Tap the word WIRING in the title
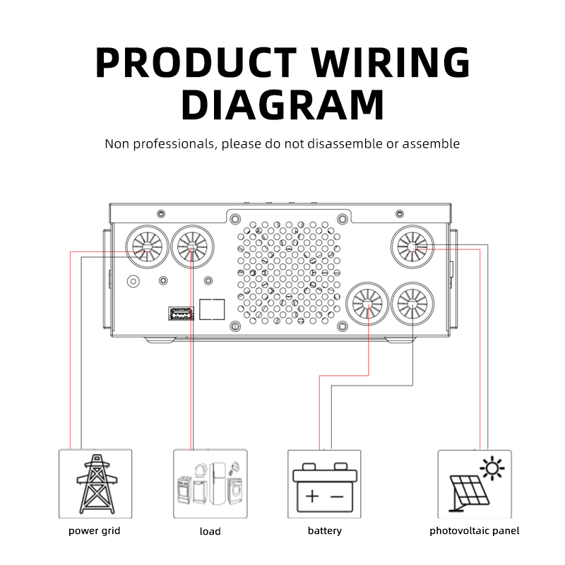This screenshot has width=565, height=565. coord(392,63)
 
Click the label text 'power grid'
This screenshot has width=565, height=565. coord(94,530)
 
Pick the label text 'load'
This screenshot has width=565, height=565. coord(210,531)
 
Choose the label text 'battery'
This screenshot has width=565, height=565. coord(324,530)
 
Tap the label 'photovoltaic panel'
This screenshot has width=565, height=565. coord(474,530)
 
